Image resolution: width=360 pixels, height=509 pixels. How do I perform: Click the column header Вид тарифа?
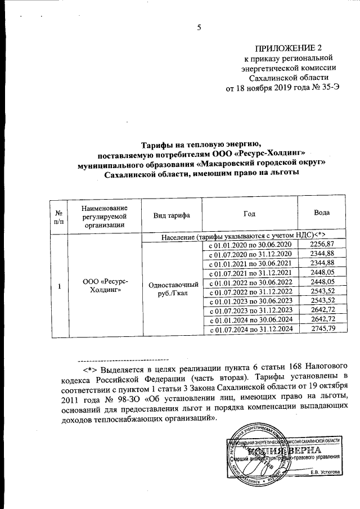[171, 215]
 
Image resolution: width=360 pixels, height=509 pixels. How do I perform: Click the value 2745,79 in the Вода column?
[322, 328]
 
